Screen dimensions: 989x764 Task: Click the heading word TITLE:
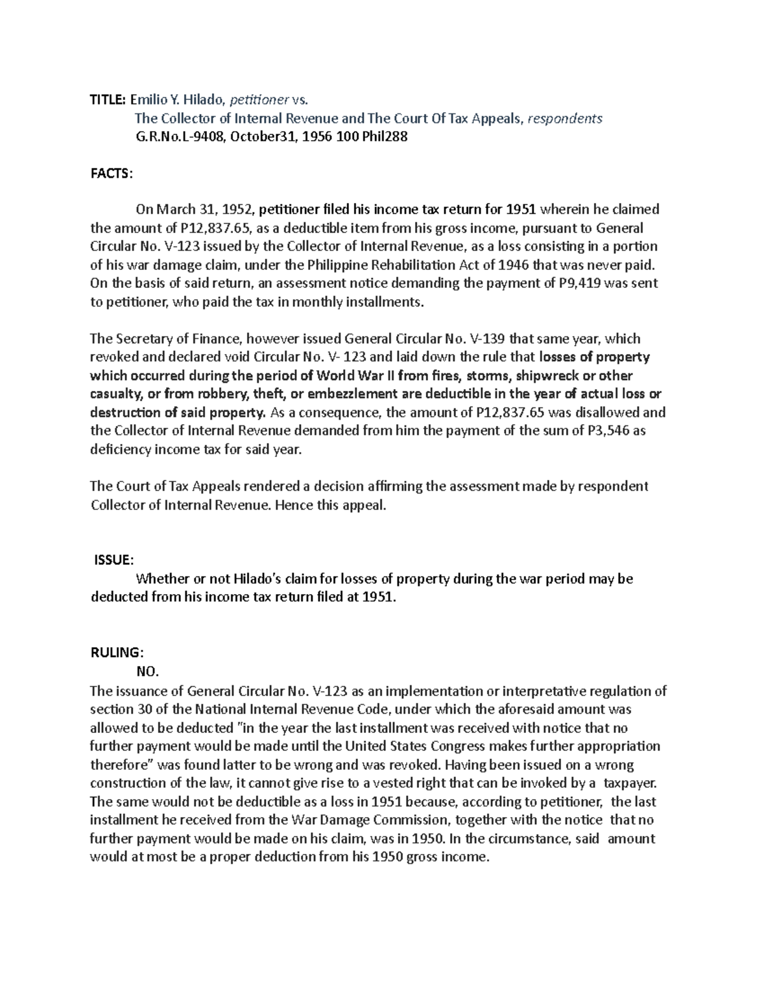click(108, 99)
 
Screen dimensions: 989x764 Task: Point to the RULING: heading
click(117, 653)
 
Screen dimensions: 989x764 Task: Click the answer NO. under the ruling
click(147, 671)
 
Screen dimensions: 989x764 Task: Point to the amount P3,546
click(607, 430)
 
